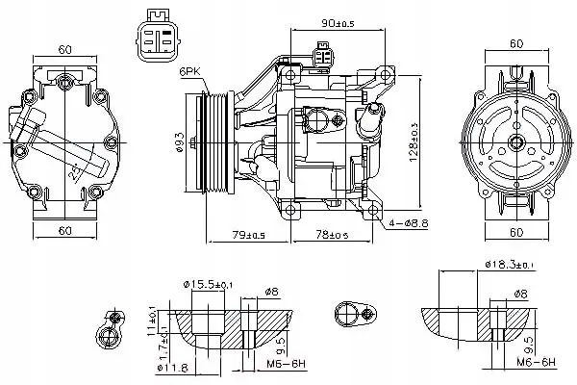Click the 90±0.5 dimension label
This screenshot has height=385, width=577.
(x=339, y=22)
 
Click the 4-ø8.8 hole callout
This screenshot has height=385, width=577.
(x=412, y=224)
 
